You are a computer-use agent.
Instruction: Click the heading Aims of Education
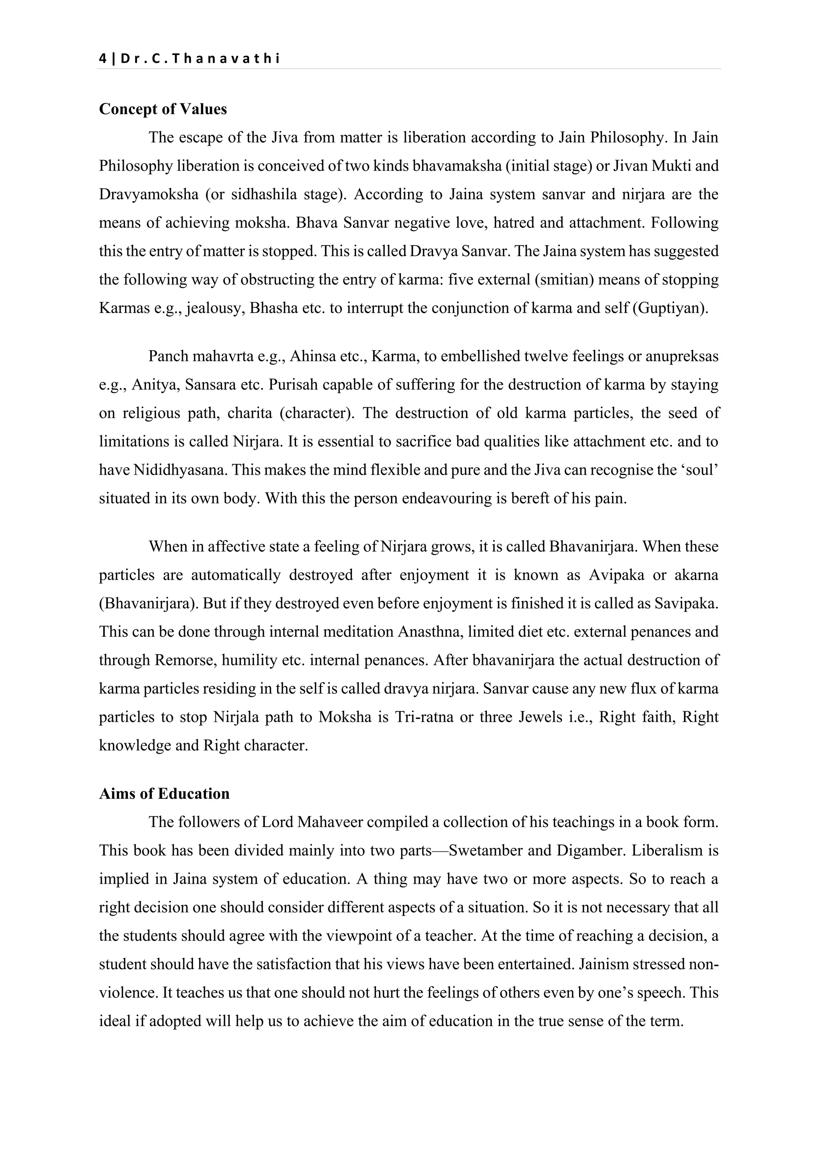click(x=164, y=794)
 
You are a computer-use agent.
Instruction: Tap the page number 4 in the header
click(x=103, y=59)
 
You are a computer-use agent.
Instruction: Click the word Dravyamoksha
click(x=149, y=194)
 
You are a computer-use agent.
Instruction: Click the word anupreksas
click(x=682, y=356)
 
